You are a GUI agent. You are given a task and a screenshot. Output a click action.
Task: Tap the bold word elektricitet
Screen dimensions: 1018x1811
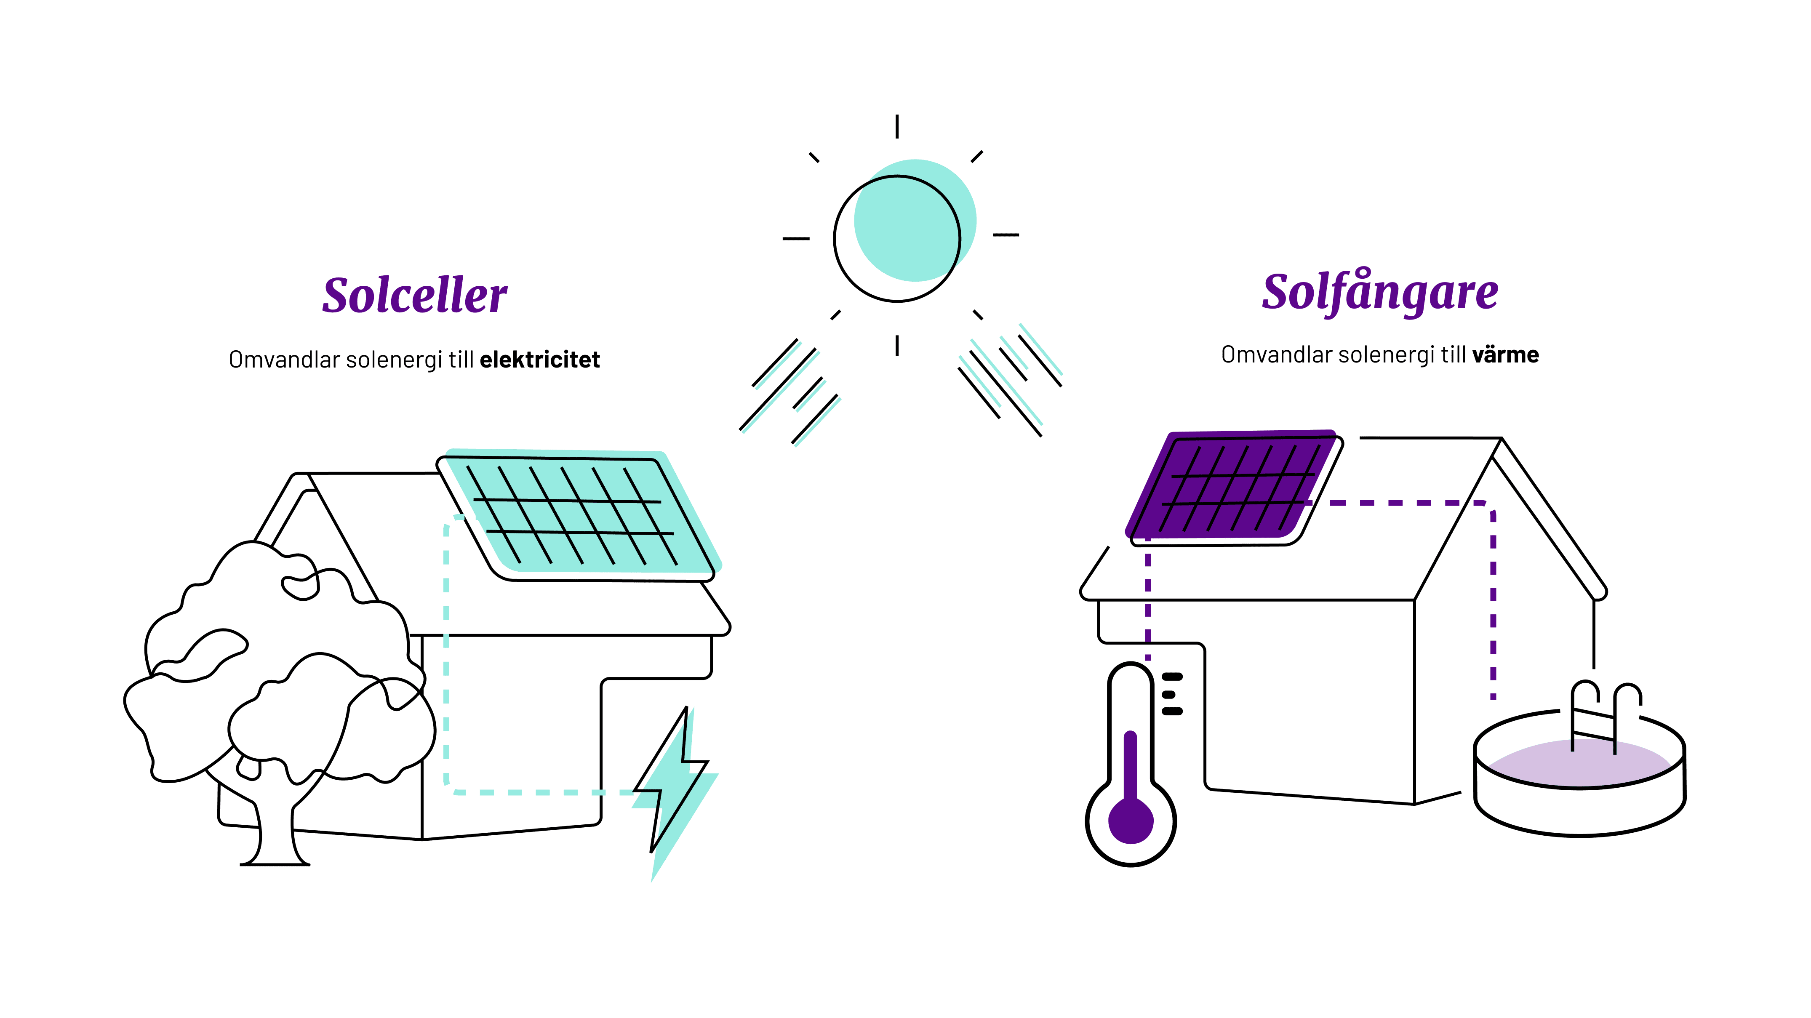[x=539, y=360]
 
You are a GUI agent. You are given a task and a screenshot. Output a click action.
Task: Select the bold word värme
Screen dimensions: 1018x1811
[x=1505, y=355]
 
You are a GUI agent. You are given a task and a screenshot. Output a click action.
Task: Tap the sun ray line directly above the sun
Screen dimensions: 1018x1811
[x=897, y=127]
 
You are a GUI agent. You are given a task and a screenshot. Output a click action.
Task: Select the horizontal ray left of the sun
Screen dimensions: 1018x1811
[x=796, y=238]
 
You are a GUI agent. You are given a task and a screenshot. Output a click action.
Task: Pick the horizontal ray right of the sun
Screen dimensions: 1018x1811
[x=1006, y=234]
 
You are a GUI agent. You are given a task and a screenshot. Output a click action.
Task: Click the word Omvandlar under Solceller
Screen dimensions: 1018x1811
[x=284, y=360]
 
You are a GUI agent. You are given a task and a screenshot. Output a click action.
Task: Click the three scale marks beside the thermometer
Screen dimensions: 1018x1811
[x=1171, y=694]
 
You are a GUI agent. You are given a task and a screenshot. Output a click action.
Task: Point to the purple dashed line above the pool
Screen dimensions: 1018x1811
[x=1493, y=605]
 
